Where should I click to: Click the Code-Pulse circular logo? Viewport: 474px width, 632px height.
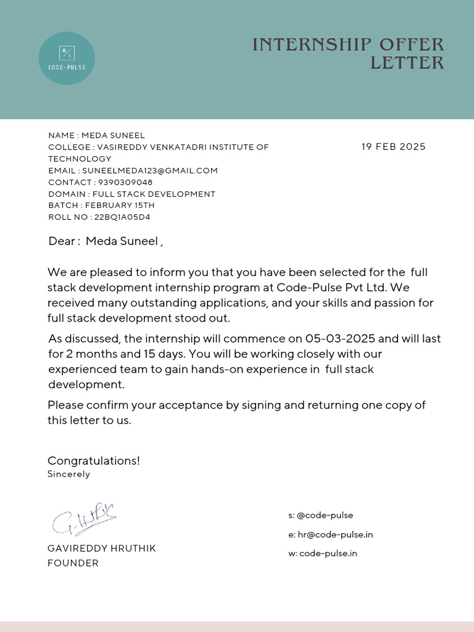67,58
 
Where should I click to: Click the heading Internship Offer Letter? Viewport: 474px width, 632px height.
348,54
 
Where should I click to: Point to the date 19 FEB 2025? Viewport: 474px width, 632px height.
393,147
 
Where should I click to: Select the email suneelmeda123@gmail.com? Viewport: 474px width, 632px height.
150,170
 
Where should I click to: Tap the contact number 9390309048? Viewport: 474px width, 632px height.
125,182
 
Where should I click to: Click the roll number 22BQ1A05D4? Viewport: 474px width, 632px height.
122,217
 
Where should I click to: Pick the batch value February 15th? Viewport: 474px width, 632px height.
120,206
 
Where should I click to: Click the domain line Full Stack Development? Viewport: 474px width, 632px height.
154,194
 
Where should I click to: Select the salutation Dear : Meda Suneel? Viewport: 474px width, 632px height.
106,241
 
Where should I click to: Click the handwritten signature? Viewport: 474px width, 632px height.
83,519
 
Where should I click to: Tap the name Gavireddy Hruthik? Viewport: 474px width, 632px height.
102,549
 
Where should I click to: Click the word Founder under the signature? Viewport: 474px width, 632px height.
73,563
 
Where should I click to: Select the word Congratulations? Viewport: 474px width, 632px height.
94,460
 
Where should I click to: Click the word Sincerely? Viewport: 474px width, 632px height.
69,475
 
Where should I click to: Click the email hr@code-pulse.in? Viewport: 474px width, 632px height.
335,534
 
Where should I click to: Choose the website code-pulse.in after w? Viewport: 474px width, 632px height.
328,554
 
